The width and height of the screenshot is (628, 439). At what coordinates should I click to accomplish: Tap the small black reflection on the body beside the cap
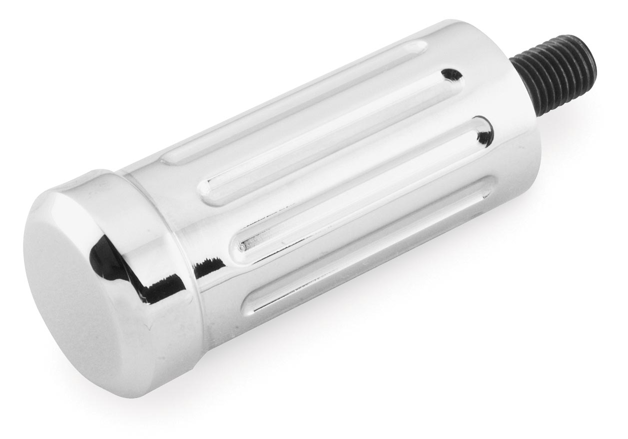pos(202,270)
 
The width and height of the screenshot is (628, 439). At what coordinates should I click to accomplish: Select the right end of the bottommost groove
pos(492,195)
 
